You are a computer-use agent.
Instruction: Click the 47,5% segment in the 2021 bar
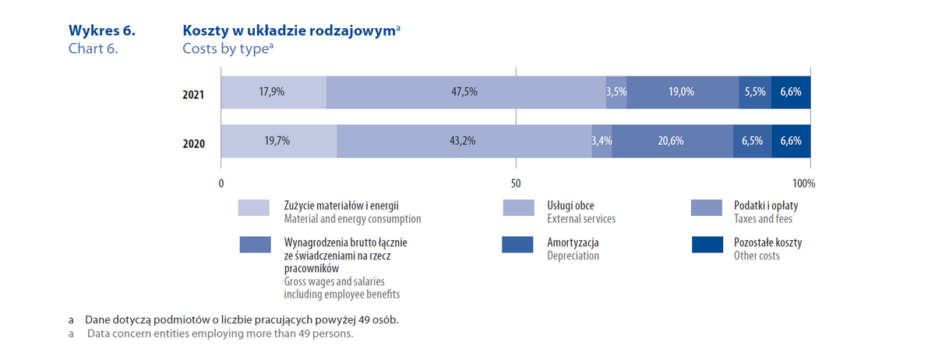465,92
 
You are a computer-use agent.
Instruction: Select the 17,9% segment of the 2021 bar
273,92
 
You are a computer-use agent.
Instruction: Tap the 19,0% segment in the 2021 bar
683,92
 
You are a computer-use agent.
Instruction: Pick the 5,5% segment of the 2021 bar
755,92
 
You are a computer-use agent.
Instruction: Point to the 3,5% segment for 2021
616,92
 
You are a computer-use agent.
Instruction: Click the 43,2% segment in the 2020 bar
464,141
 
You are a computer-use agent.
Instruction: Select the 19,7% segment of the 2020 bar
278,141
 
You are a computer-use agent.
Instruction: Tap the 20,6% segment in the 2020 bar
672,141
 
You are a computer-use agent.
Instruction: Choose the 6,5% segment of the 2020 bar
753,141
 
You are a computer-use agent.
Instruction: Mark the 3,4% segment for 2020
602,141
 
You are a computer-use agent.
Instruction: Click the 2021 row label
193,95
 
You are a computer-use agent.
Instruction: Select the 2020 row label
193,144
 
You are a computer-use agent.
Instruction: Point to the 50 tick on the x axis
515,184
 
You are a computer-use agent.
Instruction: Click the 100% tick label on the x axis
803,184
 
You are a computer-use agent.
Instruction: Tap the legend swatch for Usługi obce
518,208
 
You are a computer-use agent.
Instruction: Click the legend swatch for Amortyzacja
518,245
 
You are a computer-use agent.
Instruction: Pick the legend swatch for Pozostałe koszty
707,245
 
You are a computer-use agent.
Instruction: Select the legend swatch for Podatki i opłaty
707,208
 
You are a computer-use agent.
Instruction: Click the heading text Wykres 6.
102,31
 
